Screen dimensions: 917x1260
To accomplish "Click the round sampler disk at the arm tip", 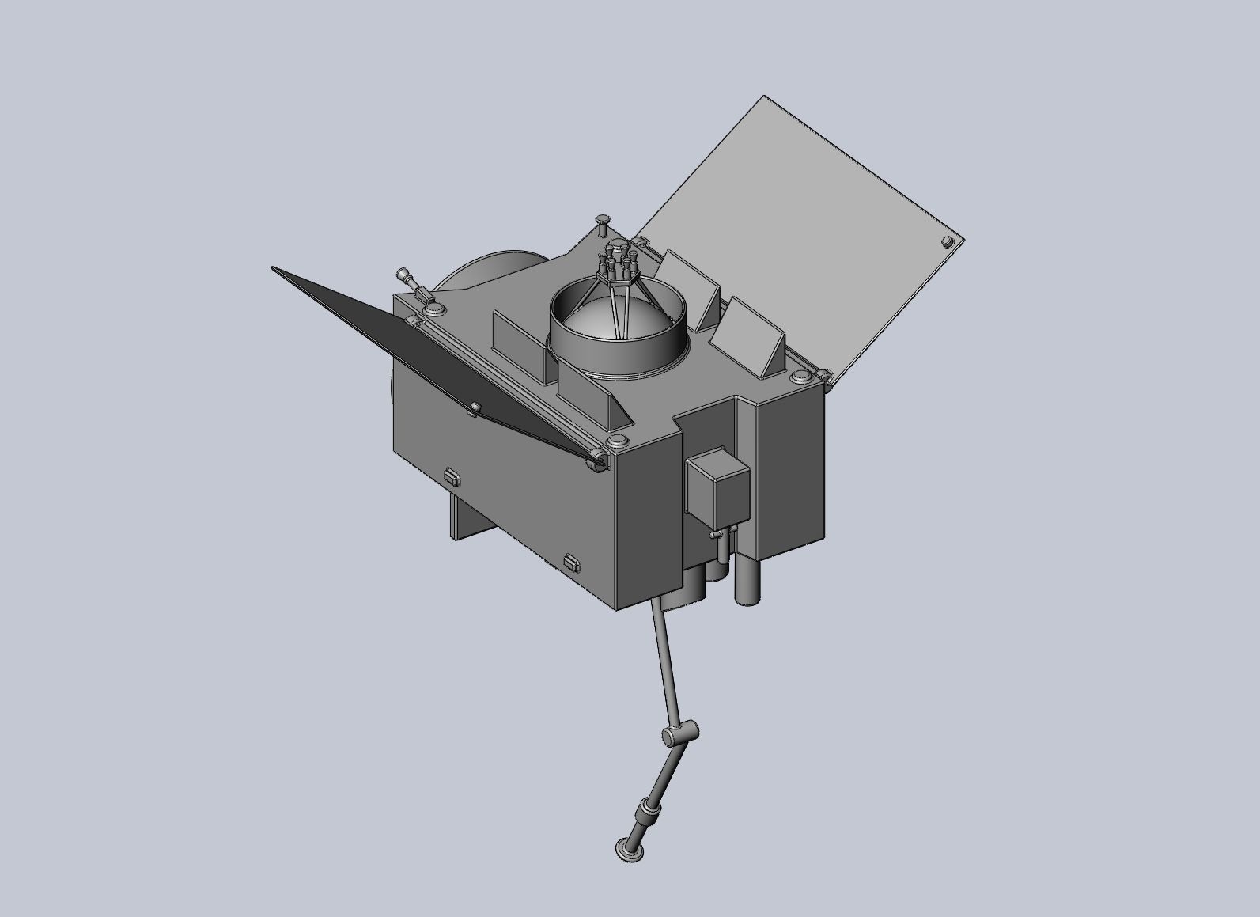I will coord(630,850).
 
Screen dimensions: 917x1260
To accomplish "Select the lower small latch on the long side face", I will coord(572,563).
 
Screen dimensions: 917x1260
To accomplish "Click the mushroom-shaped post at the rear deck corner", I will coord(604,222).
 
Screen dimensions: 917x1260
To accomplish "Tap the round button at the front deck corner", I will coord(618,441).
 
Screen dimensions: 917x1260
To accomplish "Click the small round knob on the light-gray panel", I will coord(947,241).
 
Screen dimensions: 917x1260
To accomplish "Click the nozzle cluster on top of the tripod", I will coord(616,260).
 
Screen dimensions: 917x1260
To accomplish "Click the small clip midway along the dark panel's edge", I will coord(475,408).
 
